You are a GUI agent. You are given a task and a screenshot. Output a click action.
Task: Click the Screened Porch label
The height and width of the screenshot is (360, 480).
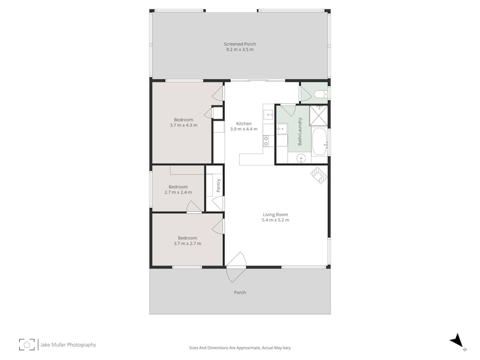coord(239,44)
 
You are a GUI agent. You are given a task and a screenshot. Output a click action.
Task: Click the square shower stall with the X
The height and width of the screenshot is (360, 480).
coord(318,115)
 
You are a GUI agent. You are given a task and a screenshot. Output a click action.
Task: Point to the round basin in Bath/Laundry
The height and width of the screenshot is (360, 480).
coord(301,158)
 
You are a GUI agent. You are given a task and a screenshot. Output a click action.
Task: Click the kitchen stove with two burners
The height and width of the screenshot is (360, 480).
coord(266,141)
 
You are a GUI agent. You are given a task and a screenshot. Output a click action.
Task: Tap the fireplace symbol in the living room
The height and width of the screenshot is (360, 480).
coord(319,175)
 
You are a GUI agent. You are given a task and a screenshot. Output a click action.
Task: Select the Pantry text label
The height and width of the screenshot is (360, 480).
coord(219,185)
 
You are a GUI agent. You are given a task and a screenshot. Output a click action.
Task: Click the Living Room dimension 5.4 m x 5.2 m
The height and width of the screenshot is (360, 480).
coord(275,220)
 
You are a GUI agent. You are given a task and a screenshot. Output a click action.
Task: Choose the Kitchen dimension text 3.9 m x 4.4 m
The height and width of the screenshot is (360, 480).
coord(244,129)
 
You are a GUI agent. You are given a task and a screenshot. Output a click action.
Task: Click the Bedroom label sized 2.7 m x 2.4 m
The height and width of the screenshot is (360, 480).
coord(178,187)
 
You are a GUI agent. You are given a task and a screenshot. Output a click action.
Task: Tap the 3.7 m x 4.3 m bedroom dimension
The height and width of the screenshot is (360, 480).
coord(183,125)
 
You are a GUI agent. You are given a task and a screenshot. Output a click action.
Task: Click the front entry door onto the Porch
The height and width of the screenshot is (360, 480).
coord(235,267)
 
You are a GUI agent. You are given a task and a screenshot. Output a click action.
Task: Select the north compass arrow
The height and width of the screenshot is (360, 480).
coord(457,341)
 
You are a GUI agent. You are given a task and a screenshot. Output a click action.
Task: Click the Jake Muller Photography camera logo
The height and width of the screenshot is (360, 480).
coord(27,345)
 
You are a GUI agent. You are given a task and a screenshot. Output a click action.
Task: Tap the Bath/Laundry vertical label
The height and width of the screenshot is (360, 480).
coord(300,131)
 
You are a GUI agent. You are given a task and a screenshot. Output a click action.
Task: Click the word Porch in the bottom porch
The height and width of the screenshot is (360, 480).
coord(240,292)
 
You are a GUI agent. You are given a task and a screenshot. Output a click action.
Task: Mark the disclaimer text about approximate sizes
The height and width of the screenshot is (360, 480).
coord(239,348)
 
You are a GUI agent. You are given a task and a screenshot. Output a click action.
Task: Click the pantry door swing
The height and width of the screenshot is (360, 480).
coord(218,204)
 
